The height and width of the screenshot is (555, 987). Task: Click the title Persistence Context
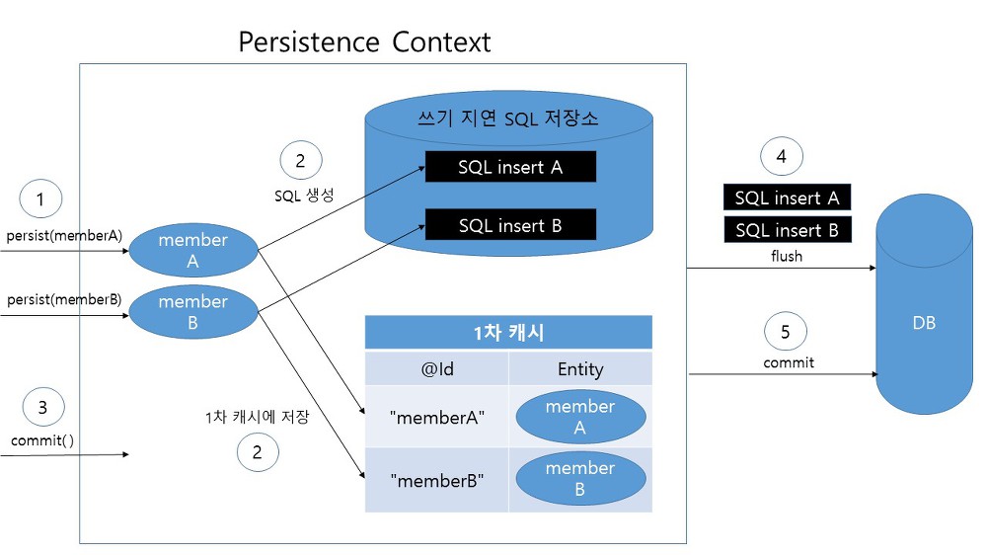point(364,42)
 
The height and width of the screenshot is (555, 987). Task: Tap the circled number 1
point(40,199)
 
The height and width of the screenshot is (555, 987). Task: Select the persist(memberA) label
point(64,236)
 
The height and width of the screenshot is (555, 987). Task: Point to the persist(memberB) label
point(64,299)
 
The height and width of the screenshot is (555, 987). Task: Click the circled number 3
point(42,407)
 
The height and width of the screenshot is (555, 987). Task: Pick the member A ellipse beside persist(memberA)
point(193,250)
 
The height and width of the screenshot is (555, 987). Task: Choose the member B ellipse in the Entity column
point(580,478)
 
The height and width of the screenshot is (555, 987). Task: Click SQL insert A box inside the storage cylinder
point(510,167)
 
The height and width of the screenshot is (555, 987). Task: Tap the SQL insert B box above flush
point(788,230)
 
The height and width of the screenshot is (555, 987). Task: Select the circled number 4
point(781,156)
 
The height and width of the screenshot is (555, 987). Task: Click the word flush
point(787,256)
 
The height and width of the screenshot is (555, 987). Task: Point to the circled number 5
point(785,332)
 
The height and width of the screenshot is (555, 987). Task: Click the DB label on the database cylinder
point(924,323)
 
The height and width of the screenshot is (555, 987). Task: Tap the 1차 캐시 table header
point(508,332)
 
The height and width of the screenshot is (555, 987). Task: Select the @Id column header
point(437,368)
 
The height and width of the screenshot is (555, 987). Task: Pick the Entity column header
point(580,368)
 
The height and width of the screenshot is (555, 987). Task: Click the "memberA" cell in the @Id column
point(437,417)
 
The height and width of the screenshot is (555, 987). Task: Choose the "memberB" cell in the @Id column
point(437,480)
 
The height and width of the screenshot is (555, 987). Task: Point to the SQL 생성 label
point(304,196)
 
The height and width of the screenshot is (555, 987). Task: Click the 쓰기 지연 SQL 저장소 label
point(508,118)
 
